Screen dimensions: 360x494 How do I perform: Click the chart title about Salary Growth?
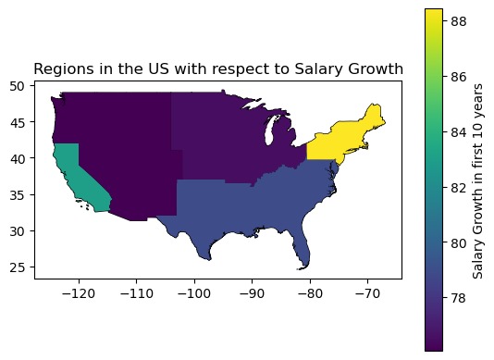[x=218, y=68]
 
